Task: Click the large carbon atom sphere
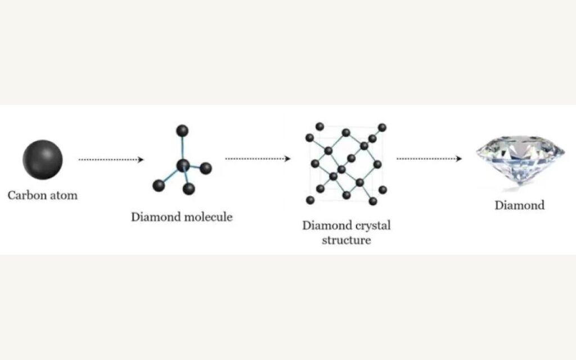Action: click(43, 160)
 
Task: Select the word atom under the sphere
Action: click(63, 196)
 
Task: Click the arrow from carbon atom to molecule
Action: click(111, 160)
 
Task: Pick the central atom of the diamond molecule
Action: click(183, 165)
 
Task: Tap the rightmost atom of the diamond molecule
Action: click(206, 168)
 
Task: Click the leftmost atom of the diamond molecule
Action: click(159, 185)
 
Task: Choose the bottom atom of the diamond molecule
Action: click(190, 188)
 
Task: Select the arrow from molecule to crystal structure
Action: click(258, 159)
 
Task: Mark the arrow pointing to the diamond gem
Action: click(429, 159)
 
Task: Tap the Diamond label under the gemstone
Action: click(519, 205)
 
